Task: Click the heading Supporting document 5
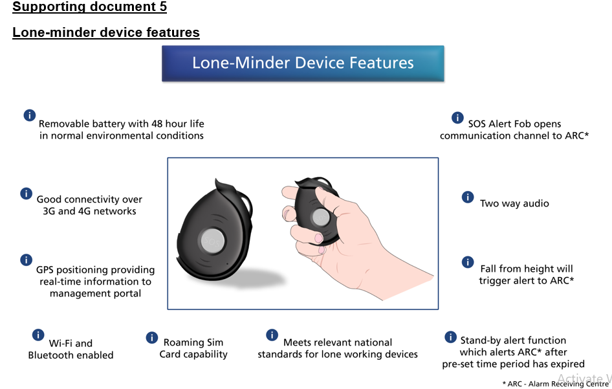point(89,7)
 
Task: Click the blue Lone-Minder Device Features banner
point(303,63)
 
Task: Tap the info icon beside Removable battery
point(29,115)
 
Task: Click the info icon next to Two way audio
point(468,197)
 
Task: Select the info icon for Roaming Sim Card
point(152,337)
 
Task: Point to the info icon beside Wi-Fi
point(38,335)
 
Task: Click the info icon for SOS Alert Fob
point(457,118)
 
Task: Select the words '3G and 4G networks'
point(85,211)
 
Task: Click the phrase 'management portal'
point(95,293)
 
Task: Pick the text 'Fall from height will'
point(526,269)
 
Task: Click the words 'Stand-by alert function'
point(513,340)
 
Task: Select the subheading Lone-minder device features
point(105,32)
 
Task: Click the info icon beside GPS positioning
point(26,260)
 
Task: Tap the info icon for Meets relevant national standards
point(272,335)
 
